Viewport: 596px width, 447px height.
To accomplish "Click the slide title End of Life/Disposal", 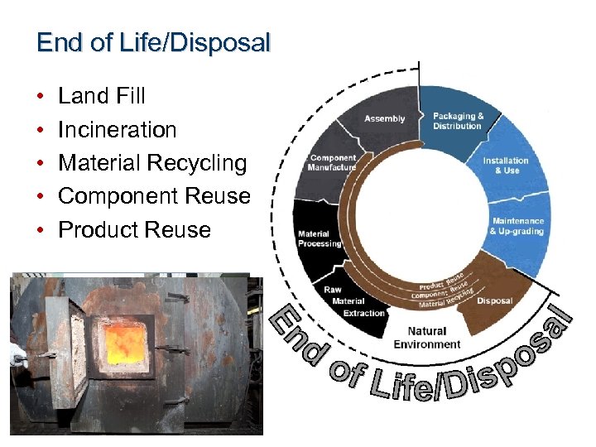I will [x=154, y=42].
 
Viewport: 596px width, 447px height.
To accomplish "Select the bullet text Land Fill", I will [x=102, y=96].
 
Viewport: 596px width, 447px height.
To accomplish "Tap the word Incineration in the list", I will [x=117, y=130].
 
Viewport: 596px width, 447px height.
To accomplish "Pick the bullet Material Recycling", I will [x=152, y=163].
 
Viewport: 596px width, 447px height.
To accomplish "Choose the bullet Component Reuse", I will [x=154, y=196].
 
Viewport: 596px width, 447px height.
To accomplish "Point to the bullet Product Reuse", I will [x=134, y=229].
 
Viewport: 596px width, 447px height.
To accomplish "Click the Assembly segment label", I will [x=385, y=118].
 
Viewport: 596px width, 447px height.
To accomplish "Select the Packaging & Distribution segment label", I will [x=457, y=121].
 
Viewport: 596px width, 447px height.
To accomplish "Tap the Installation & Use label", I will [x=506, y=165].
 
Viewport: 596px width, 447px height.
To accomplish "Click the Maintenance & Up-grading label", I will [x=517, y=226].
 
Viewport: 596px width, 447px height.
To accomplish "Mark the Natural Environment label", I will [x=426, y=338].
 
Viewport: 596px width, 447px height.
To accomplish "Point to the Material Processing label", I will [x=320, y=238].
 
